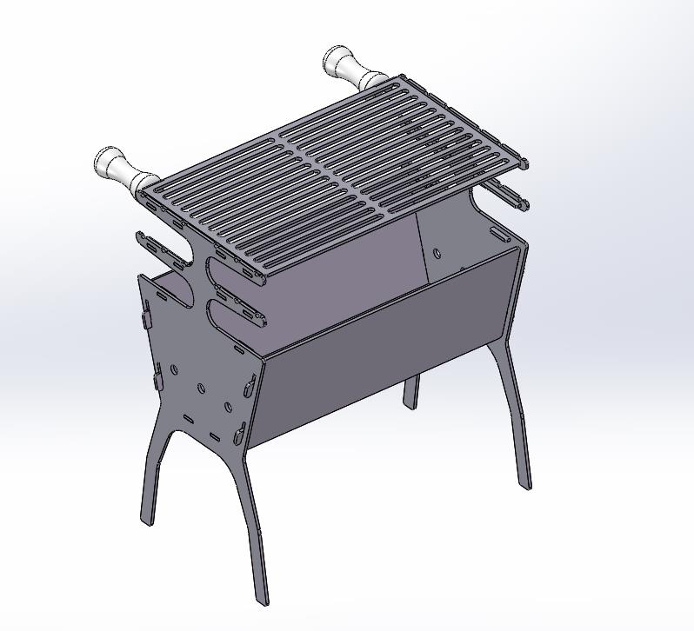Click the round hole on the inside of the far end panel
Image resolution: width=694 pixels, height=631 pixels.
pos(437,253)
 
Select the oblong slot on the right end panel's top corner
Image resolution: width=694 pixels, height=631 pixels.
pos(501,234)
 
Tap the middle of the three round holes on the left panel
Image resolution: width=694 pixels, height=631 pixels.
pos(201,389)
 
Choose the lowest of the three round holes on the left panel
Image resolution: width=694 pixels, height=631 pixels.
pos(229,408)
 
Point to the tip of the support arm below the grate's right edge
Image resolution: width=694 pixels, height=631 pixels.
pos(524,205)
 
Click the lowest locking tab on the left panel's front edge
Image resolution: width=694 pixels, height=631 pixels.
pos(241,430)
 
